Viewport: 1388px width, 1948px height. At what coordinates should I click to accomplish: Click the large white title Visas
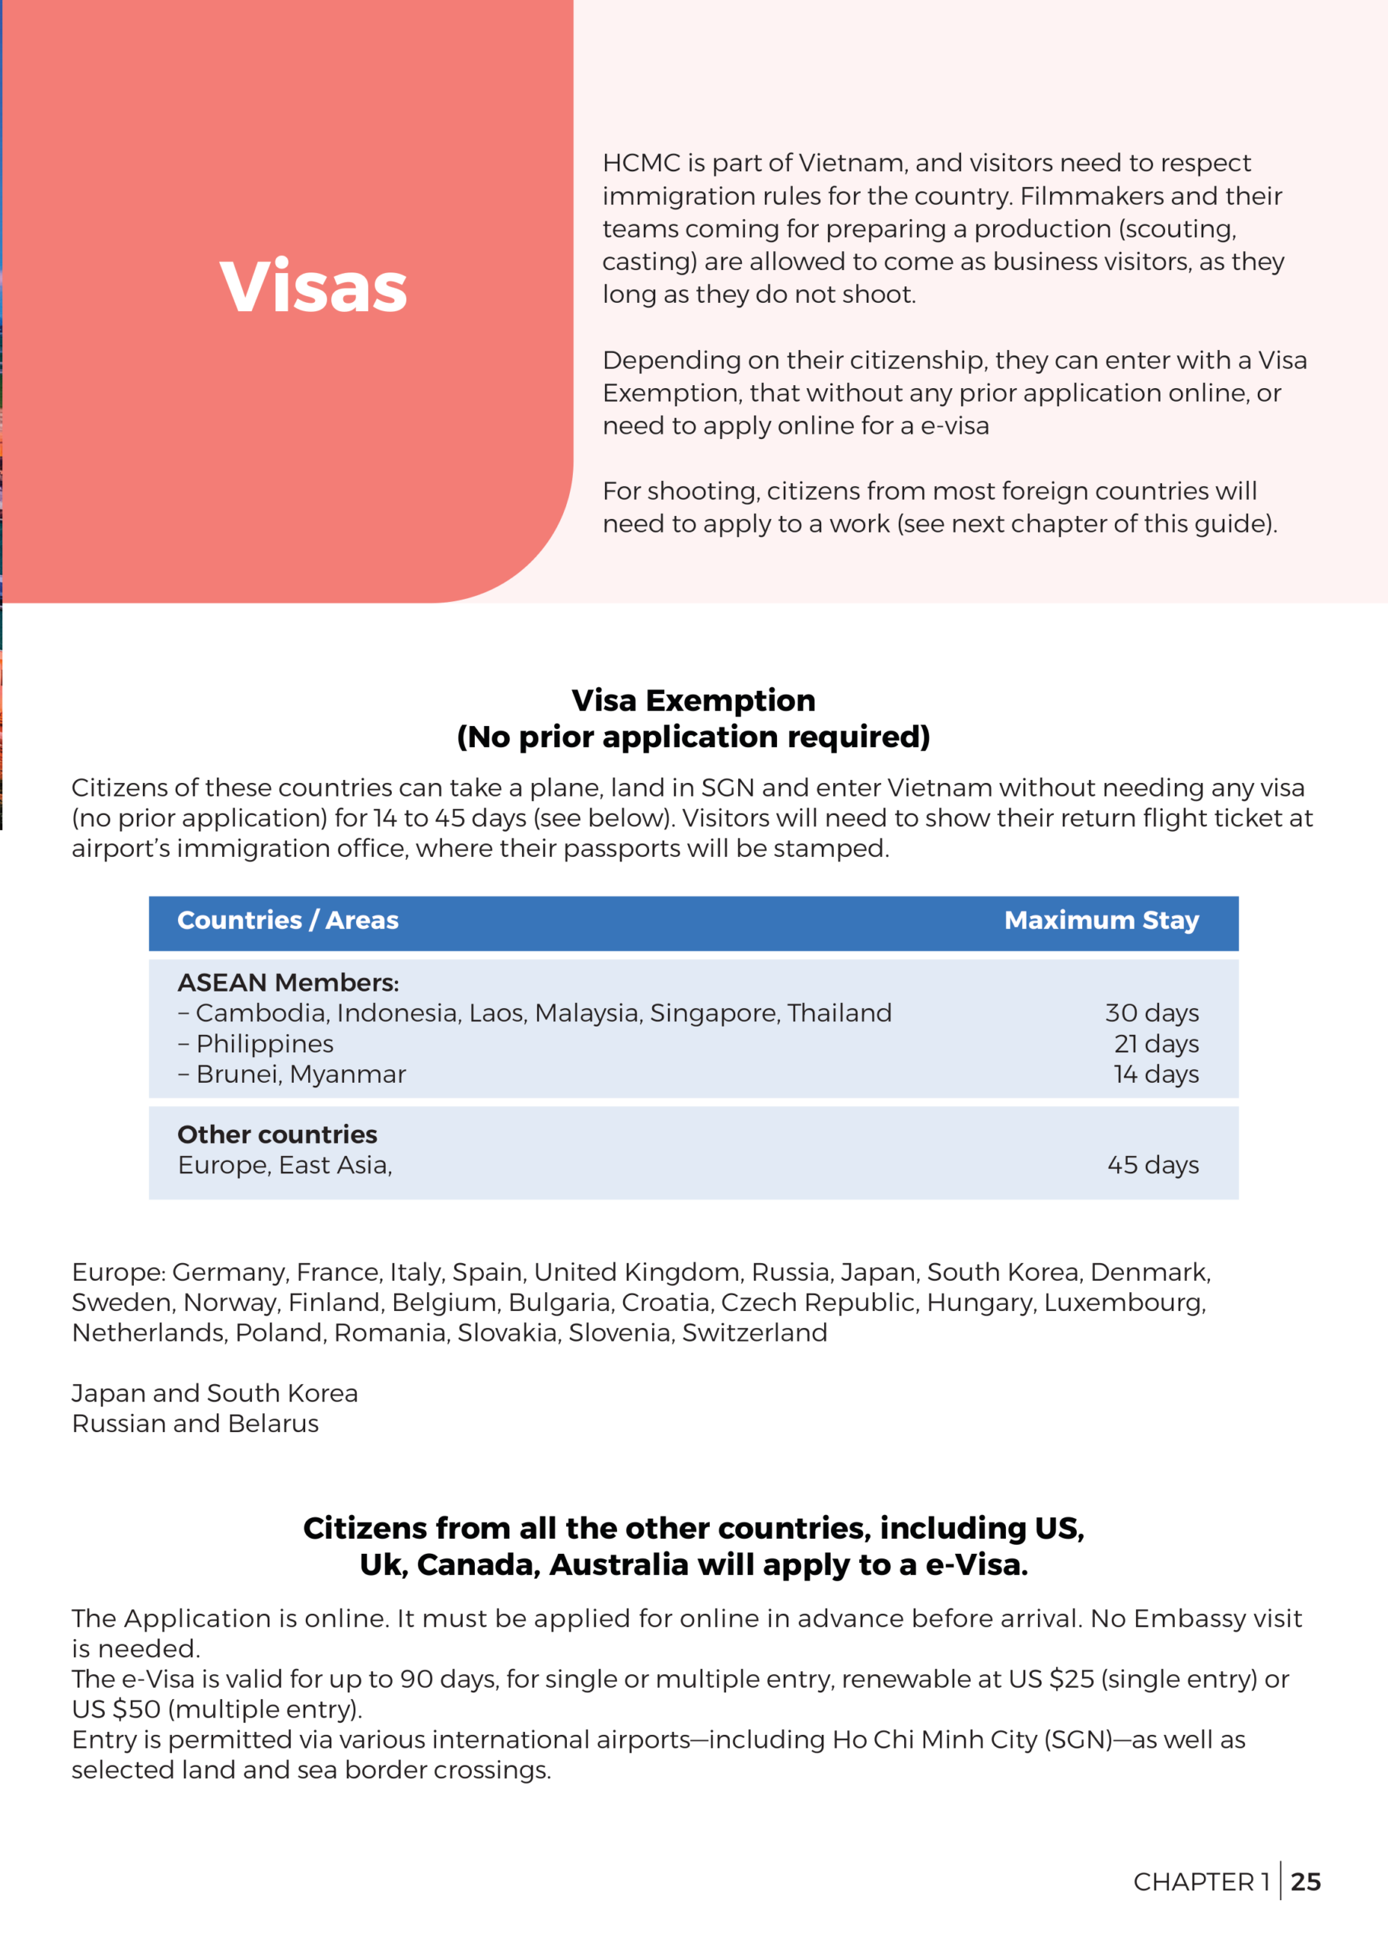tap(313, 286)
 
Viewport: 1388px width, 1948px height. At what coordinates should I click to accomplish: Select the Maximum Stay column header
tap(1101, 920)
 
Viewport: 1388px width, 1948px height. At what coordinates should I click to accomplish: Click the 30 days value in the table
tap(1151, 1014)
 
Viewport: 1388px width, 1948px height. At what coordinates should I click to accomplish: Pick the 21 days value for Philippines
tap(1156, 1044)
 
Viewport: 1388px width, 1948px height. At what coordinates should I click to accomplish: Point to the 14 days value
tap(1156, 1074)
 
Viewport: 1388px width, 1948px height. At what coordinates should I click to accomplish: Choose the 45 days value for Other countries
tap(1152, 1166)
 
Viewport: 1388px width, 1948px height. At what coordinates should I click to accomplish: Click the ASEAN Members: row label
tap(288, 982)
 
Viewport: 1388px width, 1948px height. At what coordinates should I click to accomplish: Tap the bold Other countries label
tap(277, 1135)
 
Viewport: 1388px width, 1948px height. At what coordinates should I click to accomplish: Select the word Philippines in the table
tap(265, 1044)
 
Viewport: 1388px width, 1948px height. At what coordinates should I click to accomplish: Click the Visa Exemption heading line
tap(693, 701)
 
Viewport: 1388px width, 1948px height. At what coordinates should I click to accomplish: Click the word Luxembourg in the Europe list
tap(1124, 1302)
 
